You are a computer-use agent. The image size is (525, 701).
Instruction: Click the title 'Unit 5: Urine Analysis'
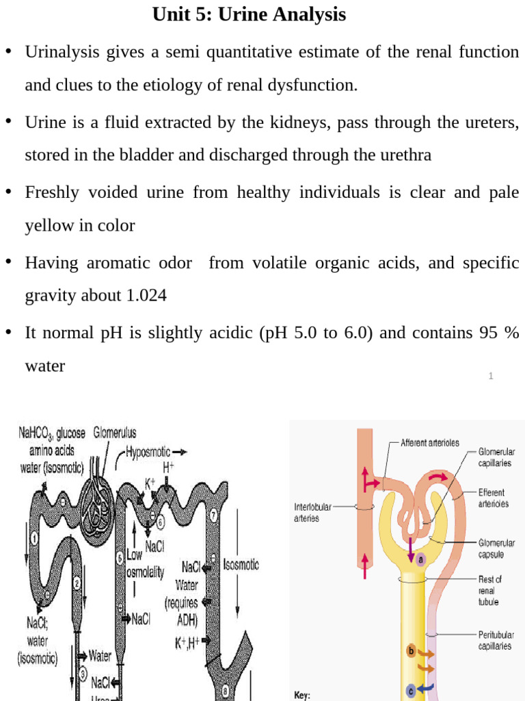[249, 14]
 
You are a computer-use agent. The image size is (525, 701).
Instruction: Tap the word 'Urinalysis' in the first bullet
[61, 53]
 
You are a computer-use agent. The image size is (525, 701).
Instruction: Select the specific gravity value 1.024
[146, 296]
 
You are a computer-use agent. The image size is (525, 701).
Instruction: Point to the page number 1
[491, 376]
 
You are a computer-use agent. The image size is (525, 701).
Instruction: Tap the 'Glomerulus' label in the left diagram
[115, 433]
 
